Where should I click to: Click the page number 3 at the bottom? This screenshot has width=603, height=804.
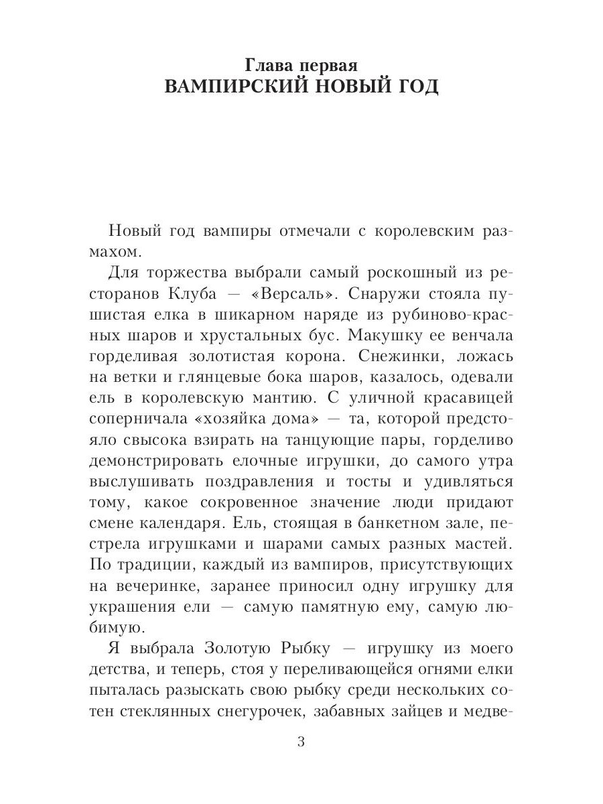301,742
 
